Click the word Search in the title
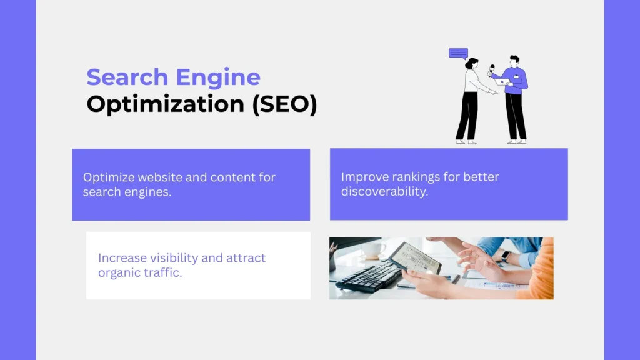coord(127,77)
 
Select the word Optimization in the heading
coord(165,104)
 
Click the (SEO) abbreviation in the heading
coord(284,104)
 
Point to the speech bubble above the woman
coord(458,54)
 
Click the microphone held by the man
coord(491,70)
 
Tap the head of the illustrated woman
coord(472,64)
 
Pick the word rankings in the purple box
coord(419,177)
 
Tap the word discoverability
coord(384,191)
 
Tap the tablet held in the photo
coord(415,258)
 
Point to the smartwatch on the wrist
coord(505,256)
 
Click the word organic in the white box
coord(119,273)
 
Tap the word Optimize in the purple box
coord(109,177)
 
